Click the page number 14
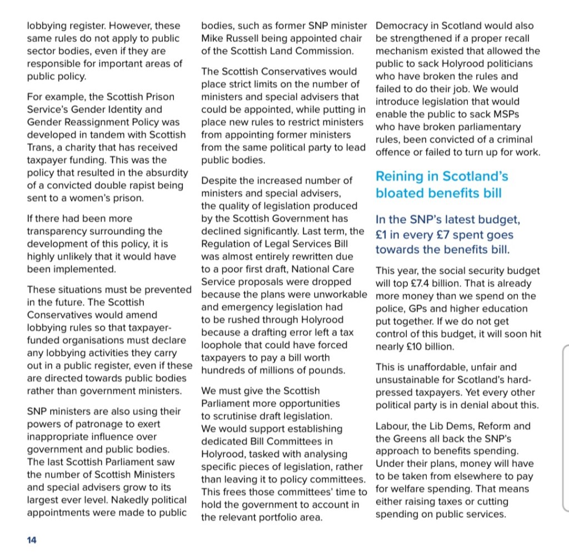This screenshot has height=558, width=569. pos(31,540)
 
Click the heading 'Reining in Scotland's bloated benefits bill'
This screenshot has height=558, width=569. pos(442,185)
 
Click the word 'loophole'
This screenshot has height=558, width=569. pos(222,345)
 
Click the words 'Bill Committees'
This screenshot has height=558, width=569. pos(283,442)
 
